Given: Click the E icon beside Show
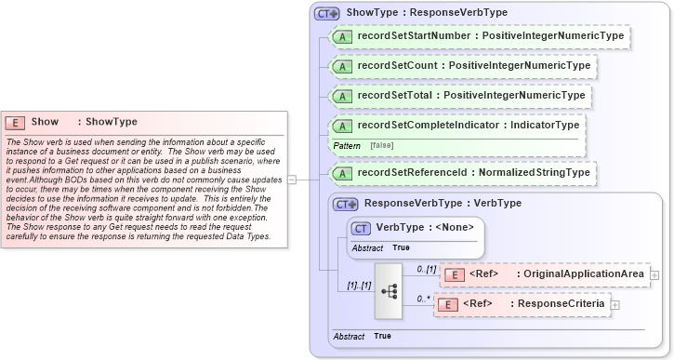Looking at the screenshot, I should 15,122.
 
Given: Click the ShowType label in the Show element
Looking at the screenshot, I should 112,122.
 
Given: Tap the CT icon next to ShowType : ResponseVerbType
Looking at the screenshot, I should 326,14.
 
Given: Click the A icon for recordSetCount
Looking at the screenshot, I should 342,67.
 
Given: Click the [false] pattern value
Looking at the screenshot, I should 381,146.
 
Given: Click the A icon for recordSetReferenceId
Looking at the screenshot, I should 342,173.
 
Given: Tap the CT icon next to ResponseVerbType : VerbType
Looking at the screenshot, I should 345,203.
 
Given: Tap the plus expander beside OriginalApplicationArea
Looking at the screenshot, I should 654,274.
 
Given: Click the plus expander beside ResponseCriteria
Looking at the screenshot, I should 615,304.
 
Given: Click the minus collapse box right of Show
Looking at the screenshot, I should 292,180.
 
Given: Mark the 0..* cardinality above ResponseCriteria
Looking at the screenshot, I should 424,298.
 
